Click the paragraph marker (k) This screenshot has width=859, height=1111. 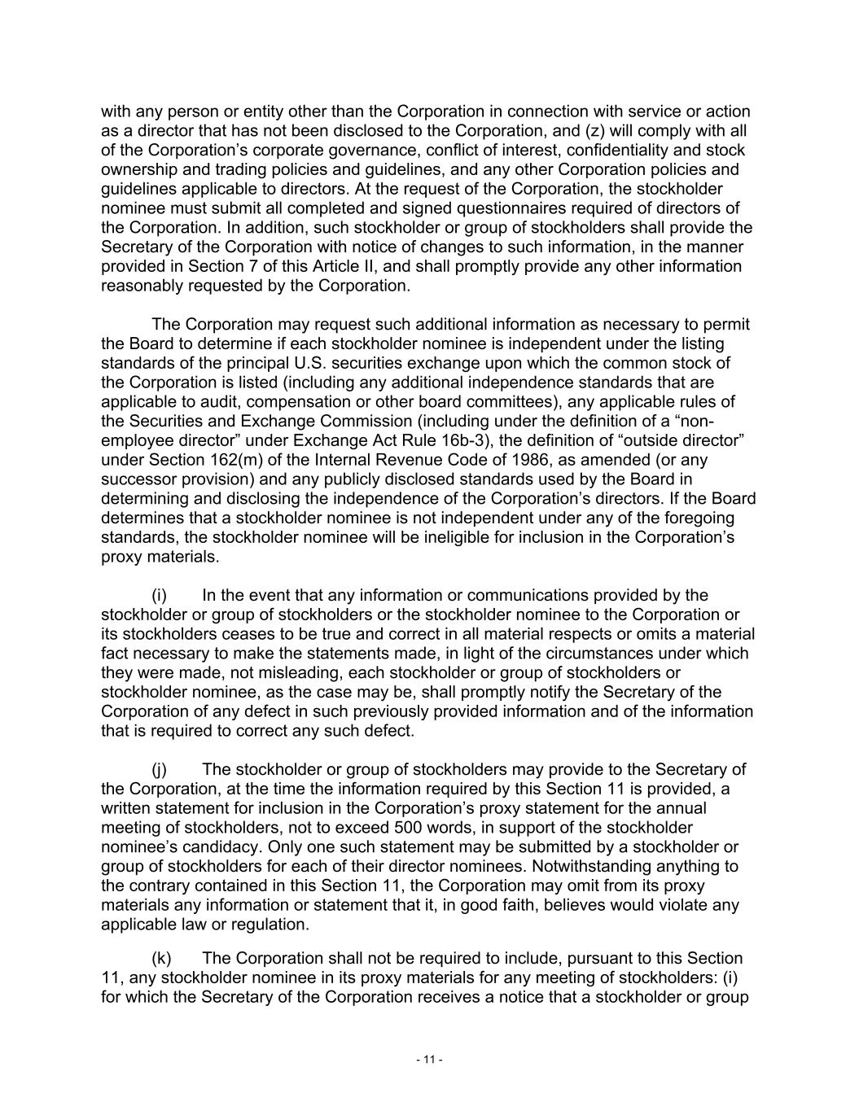coord(160,959)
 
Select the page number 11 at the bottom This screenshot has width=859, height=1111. coord(429,1060)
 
